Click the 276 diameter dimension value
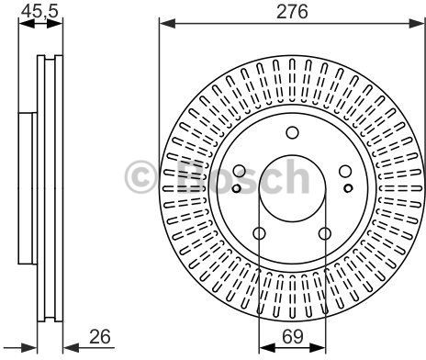point(292,12)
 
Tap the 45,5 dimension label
point(39,12)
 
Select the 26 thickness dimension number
point(100,337)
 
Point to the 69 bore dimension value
point(292,337)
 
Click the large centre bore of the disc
point(292,188)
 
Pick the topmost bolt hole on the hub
point(292,133)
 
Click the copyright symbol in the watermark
point(140,177)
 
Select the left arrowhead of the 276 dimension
point(167,23)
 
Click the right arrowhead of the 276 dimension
point(417,23)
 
